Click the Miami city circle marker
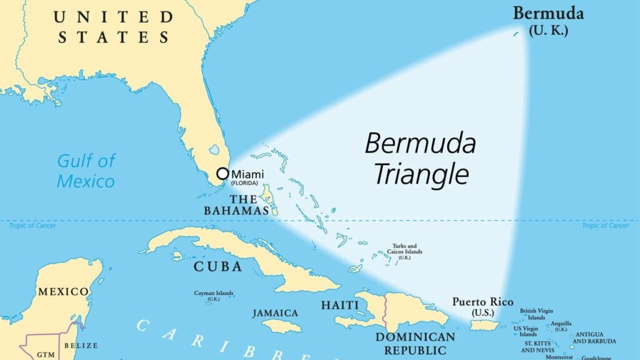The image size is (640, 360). point(222,173)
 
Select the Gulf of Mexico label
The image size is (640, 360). point(86,171)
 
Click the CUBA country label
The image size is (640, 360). point(217,266)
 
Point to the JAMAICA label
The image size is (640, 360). point(276,312)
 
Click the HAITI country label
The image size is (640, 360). point(340,305)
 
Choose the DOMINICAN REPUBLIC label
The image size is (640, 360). point(415,343)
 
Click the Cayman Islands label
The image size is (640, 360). point(214,295)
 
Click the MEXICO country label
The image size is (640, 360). point(63,291)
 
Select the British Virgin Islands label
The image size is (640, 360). point(536,314)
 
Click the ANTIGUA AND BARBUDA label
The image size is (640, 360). point(595,337)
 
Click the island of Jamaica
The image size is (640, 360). point(281,326)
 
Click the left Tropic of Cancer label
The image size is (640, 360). point(32,226)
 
